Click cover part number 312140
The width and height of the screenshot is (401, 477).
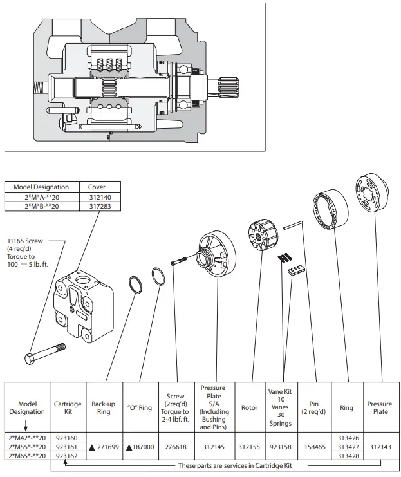(x=100, y=197)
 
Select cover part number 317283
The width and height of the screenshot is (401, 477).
(x=100, y=206)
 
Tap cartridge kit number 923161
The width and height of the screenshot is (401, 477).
(x=67, y=447)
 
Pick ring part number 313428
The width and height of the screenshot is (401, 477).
(x=348, y=456)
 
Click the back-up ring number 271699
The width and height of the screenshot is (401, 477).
(x=108, y=447)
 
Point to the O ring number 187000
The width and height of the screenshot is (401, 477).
(x=143, y=447)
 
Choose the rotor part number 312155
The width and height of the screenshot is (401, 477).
(x=249, y=447)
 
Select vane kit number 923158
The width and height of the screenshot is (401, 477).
(x=281, y=447)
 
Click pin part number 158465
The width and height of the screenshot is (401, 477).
(x=315, y=447)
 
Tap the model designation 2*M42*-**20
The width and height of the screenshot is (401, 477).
(x=27, y=438)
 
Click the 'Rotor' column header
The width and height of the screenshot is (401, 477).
(x=249, y=407)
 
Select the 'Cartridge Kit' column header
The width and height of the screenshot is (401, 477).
(x=68, y=407)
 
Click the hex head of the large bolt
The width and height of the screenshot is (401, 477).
(x=30, y=359)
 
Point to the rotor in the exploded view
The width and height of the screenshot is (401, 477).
(x=263, y=235)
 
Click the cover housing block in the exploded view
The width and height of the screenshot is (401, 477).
(x=83, y=304)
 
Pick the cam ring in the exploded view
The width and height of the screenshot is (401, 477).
(x=331, y=209)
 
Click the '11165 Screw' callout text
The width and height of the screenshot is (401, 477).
(x=25, y=241)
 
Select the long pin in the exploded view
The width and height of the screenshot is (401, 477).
(x=293, y=225)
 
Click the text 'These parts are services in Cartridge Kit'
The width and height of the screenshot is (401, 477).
(x=235, y=466)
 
